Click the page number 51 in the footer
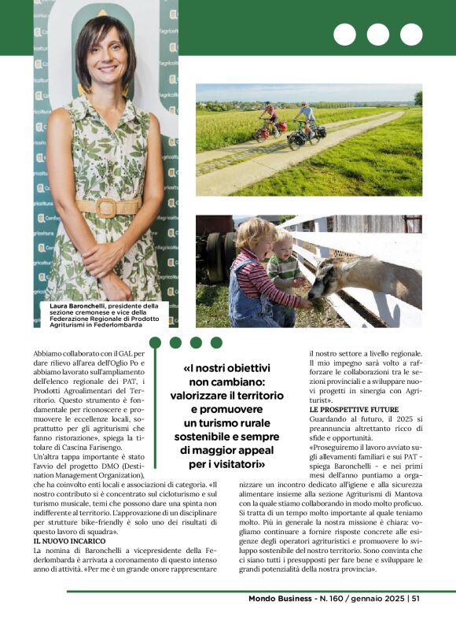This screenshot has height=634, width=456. [x=415, y=599]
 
